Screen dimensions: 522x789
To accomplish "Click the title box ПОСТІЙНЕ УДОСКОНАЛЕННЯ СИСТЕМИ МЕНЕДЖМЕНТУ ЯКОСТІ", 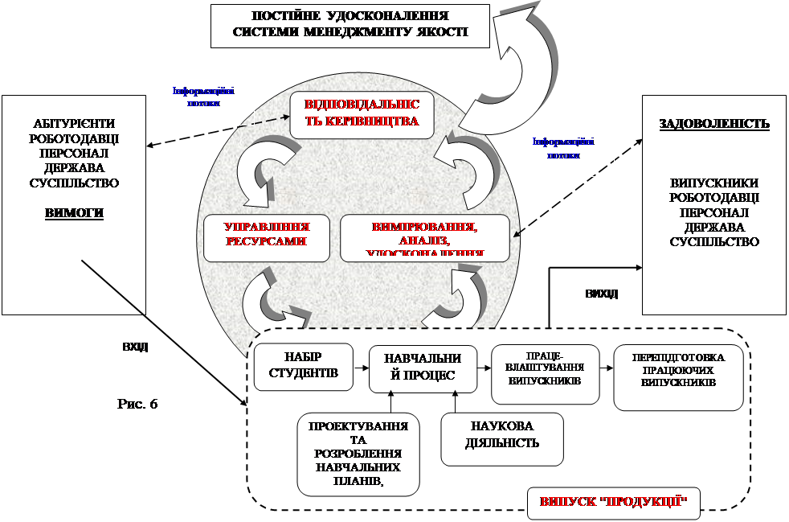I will click(x=350, y=25).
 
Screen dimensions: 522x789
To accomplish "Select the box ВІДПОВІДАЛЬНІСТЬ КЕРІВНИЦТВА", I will click(x=362, y=114).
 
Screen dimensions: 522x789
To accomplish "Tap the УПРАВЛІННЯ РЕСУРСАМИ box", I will click(x=267, y=237).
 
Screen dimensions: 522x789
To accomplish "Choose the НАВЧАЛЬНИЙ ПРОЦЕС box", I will click(x=418, y=368).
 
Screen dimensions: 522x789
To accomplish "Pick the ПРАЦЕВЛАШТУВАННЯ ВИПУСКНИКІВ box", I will click(x=545, y=374).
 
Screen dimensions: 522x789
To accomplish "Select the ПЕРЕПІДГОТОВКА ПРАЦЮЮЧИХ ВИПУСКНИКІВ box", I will click(x=678, y=376).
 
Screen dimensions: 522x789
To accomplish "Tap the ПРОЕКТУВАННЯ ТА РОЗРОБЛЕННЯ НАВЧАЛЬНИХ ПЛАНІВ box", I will click(x=358, y=454).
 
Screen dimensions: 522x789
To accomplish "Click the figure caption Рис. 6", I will click(x=137, y=403).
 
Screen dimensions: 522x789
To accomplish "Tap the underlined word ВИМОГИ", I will click(x=74, y=213).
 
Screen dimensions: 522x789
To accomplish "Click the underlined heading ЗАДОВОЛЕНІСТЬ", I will click(x=714, y=124).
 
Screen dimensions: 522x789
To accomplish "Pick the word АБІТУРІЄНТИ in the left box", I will click(x=74, y=123).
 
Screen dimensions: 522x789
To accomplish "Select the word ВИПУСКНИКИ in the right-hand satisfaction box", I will click(x=714, y=183).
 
